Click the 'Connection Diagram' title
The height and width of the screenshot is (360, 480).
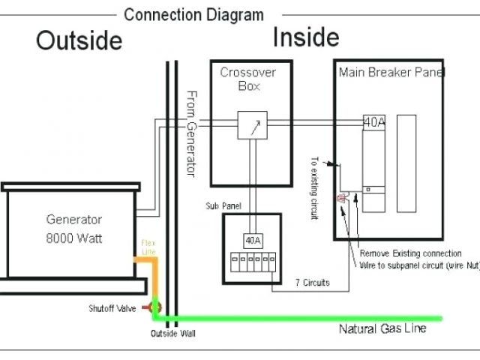coord(193,14)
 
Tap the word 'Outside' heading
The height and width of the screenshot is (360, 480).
coord(79,40)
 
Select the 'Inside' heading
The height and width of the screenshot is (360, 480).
coord(305,37)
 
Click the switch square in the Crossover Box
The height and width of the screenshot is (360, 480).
coord(252,125)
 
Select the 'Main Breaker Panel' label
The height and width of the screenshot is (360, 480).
coord(391,73)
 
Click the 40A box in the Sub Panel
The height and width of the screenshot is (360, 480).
coord(252,240)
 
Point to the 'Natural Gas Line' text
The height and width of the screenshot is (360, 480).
coord(382,328)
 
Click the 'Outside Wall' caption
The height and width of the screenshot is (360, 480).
coord(173,333)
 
